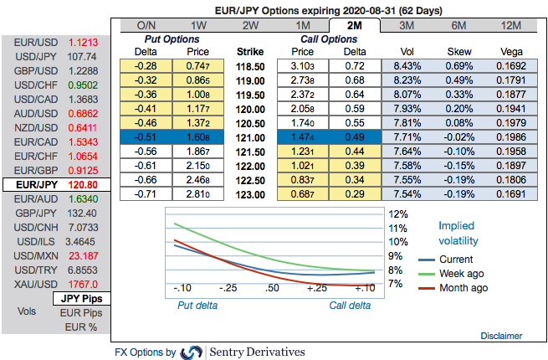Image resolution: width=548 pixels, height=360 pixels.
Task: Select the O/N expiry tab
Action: pyautogui.click(x=146, y=26)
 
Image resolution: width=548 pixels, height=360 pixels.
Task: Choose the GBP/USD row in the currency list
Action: pyautogui.click(x=55, y=70)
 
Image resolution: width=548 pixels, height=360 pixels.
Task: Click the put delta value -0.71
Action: pyautogui.click(x=147, y=193)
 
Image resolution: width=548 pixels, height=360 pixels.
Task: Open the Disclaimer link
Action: pyautogui.click(x=501, y=336)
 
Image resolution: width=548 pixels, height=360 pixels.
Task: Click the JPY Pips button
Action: pyautogui.click(x=82, y=298)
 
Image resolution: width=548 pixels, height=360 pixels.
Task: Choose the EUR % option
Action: pyautogui.click(x=82, y=327)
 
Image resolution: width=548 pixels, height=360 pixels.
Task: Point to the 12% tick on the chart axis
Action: pyautogui.click(x=397, y=213)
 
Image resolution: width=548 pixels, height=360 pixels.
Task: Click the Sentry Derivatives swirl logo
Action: pyautogui.click(x=192, y=352)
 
